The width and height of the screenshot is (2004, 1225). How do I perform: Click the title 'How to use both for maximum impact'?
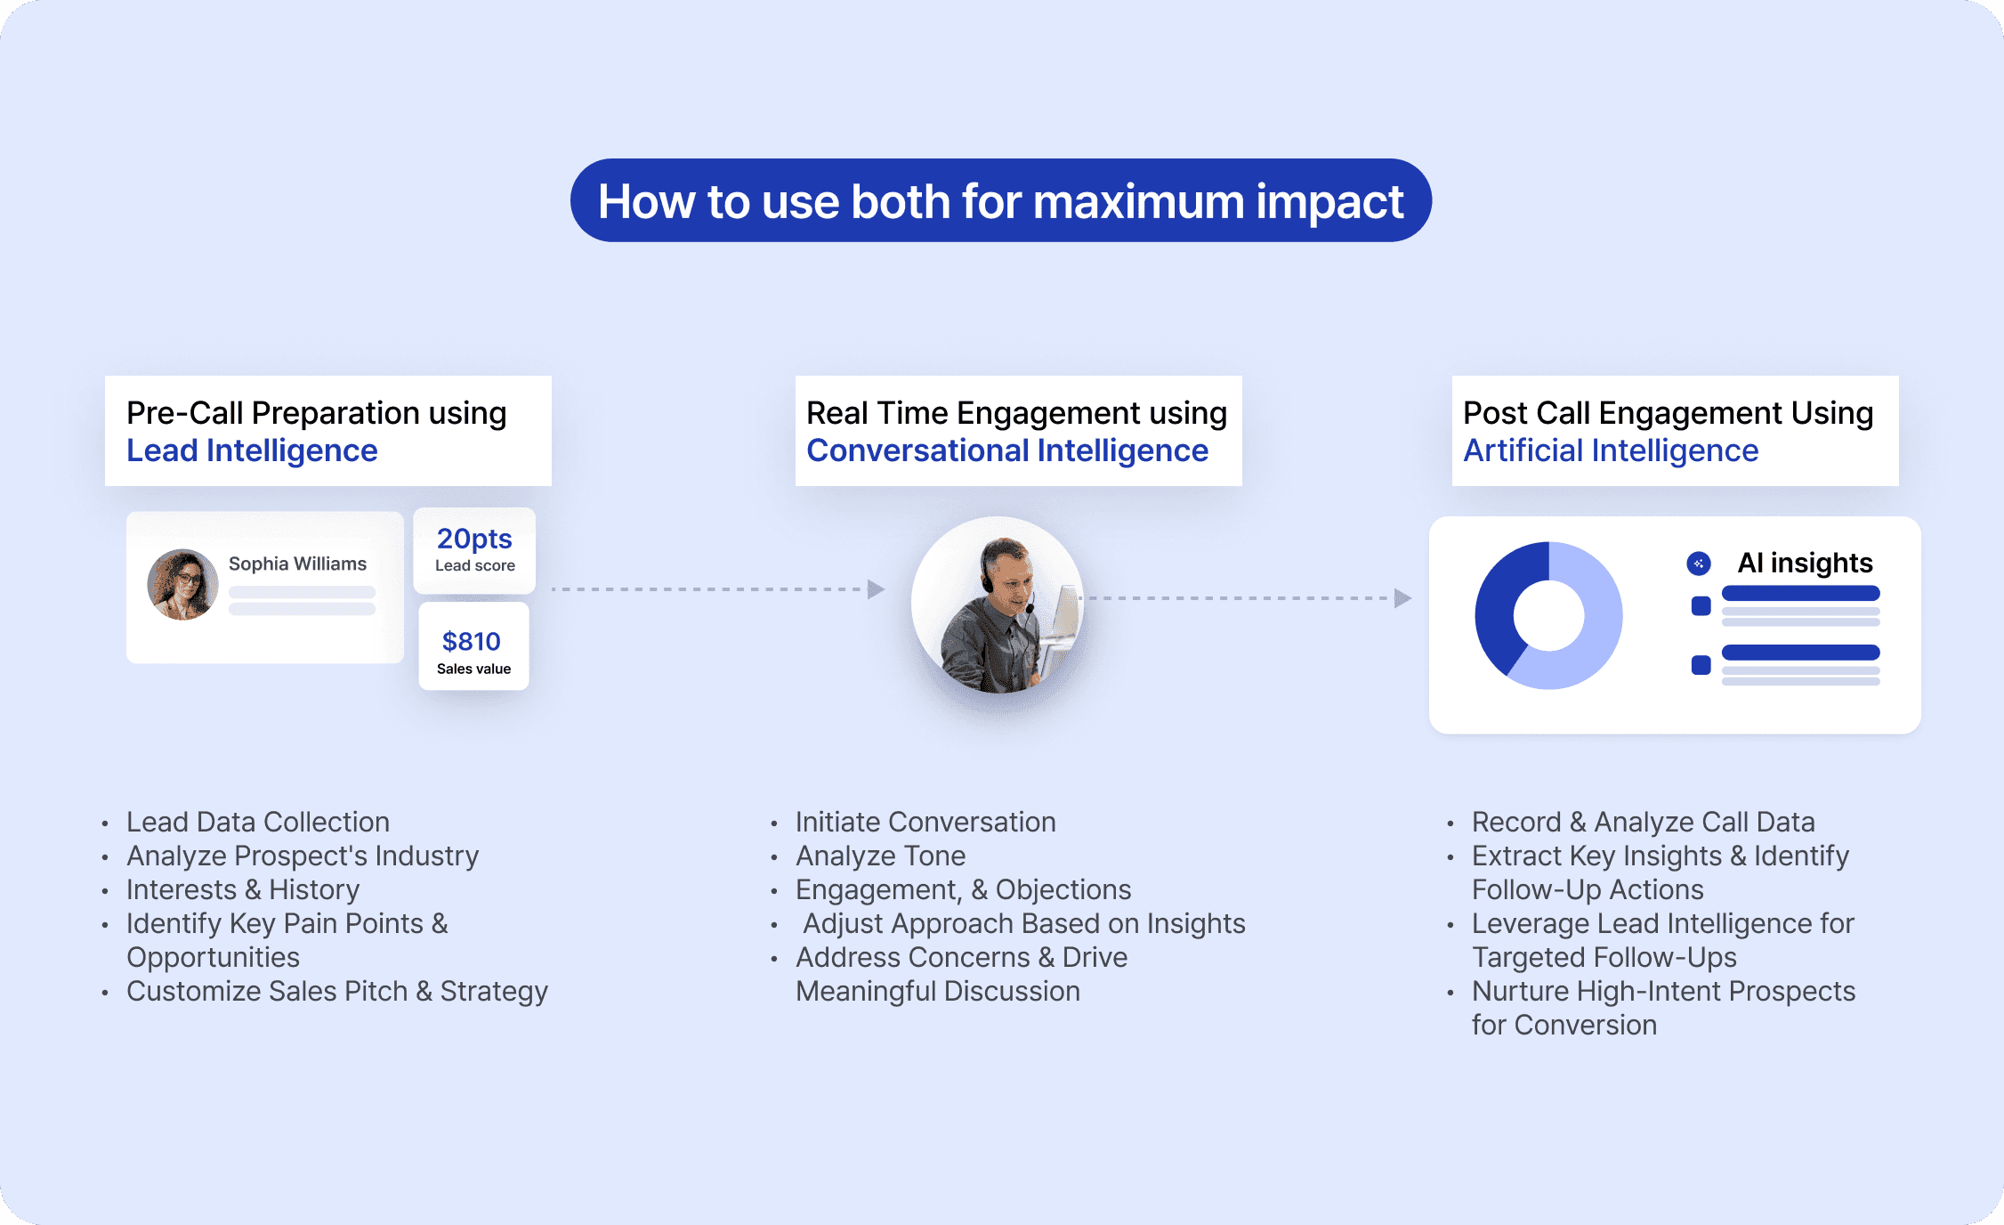[x=1000, y=201]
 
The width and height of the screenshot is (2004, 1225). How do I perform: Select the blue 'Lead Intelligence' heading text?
[x=252, y=450]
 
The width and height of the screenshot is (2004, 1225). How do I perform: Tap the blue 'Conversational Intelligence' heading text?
[x=1006, y=450]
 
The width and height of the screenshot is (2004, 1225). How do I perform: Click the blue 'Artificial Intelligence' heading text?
[x=1611, y=450]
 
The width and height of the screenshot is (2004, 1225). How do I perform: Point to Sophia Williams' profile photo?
[x=182, y=584]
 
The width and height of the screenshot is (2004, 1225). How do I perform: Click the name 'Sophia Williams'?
[x=297, y=564]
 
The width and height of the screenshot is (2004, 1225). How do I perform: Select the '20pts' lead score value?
[x=474, y=539]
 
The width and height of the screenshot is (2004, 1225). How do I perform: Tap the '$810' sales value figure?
[x=472, y=641]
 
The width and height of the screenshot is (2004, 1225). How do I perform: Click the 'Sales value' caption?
[x=473, y=669]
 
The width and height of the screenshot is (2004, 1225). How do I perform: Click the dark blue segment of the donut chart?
[x=1499, y=605]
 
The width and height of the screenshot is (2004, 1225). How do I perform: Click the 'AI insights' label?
[x=1805, y=563]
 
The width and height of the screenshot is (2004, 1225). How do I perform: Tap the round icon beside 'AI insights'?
[x=1699, y=563]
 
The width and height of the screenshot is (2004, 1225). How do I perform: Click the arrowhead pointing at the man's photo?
[x=876, y=588]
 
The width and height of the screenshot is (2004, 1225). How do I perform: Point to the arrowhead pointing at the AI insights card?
[x=1402, y=597]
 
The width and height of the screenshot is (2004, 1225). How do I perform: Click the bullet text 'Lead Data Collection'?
[x=258, y=822]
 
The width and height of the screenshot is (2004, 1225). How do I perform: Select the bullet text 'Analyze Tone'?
[x=880, y=856]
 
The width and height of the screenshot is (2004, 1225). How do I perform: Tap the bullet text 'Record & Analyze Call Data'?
[x=1643, y=822]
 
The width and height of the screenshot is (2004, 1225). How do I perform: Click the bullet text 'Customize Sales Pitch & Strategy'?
[x=337, y=991]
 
